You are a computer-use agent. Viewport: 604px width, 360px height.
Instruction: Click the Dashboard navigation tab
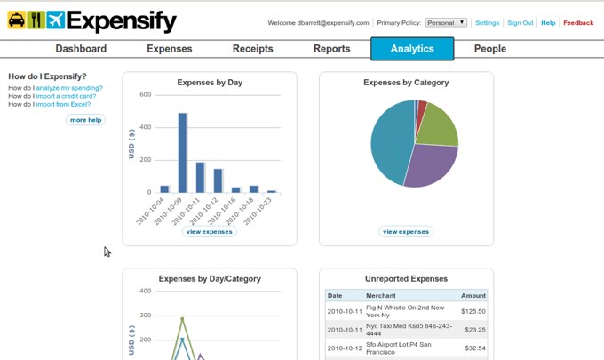click(81, 49)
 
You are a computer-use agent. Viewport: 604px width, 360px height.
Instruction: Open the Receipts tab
click(252, 49)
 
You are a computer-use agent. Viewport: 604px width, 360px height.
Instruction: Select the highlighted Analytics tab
click(411, 49)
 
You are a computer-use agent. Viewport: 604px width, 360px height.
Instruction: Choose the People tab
click(489, 49)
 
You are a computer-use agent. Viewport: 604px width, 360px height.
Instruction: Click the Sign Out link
click(520, 22)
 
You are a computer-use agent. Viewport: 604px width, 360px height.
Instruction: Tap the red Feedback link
click(578, 22)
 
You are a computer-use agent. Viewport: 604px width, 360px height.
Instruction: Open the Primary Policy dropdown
click(446, 22)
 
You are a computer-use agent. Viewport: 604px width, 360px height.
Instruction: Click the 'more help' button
click(85, 119)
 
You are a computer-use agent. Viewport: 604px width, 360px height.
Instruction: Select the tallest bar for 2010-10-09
click(182, 152)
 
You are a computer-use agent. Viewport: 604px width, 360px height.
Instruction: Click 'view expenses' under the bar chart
click(210, 231)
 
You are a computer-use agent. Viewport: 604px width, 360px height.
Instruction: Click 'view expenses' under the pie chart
click(406, 231)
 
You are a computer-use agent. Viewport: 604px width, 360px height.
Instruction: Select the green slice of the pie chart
click(438, 126)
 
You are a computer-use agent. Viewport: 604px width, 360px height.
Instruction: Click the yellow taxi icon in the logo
click(17, 20)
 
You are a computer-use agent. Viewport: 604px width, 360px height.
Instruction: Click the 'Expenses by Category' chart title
click(406, 83)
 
